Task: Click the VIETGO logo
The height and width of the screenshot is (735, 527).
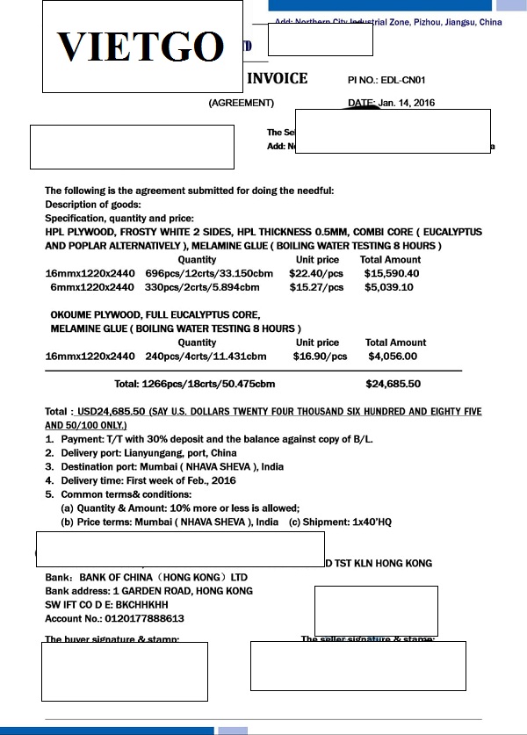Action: [x=141, y=47]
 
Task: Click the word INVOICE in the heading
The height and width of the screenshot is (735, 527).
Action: [x=277, y=78]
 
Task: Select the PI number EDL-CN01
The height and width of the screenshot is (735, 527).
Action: [x=408, y=80]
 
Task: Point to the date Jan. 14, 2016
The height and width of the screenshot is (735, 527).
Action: [x=406, y=103]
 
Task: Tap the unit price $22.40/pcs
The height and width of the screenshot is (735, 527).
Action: [x=315, y=273]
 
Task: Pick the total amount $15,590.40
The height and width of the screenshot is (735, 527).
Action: [x=392, y=273]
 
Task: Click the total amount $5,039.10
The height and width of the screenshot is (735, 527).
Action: [x=389, y=287]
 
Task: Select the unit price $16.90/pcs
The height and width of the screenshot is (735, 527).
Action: [x=320, y=357]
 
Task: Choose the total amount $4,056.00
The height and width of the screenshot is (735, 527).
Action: [x=393, y=357]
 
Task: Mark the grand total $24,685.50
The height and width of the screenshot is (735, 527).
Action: [x=393, y=384]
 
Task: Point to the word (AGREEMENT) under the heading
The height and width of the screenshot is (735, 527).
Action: [x=241, y=103]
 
